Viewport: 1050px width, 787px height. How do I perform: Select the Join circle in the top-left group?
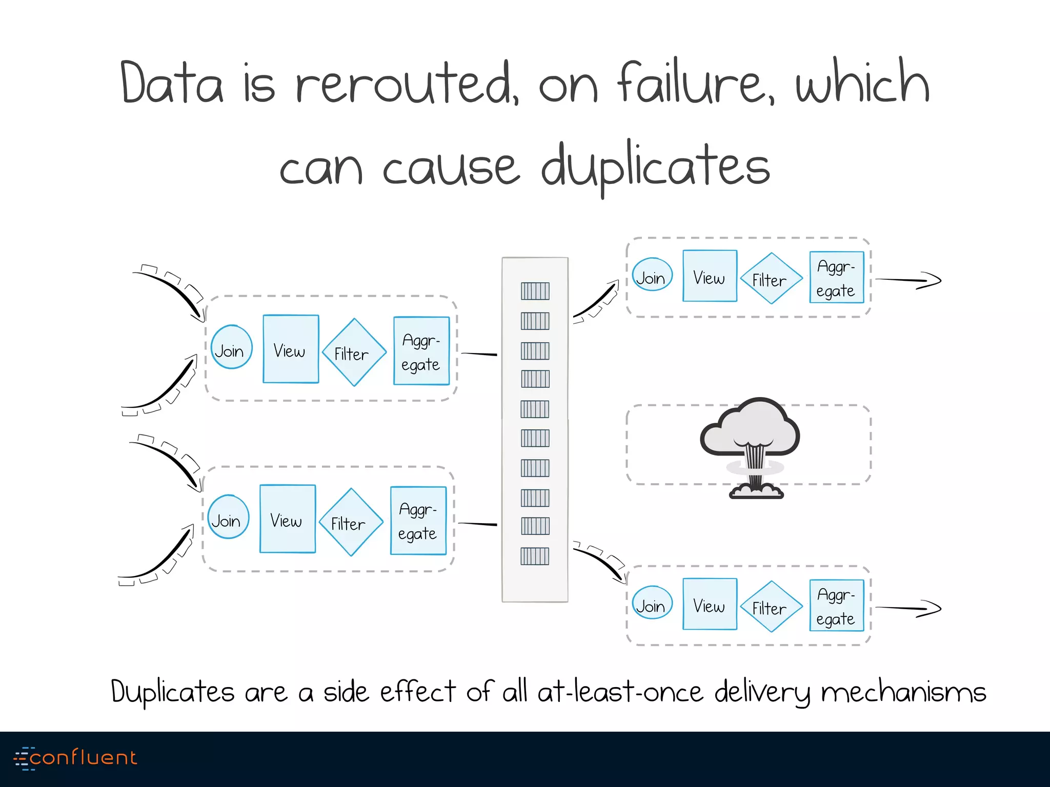tap(231, 347)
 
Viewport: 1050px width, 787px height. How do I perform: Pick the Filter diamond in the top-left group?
tap(354, 353)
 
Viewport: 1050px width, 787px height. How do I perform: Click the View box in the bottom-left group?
tap(288, 519)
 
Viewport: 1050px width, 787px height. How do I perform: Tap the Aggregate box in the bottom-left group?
tap(418, 521)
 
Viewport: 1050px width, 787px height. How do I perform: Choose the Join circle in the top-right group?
tap(652, 275)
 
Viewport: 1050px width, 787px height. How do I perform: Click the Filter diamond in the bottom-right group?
tap(771, 606)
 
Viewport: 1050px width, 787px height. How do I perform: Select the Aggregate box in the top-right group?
tap(836, 277)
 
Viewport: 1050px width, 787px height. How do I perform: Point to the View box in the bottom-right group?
tap(710, 604)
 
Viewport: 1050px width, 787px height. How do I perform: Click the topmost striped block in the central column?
tap(535, 291)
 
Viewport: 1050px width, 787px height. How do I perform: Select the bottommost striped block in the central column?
tap(535, 556)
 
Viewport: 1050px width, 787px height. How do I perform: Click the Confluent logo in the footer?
tap(75, 758)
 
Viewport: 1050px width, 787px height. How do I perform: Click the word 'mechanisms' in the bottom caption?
tap(903, 692)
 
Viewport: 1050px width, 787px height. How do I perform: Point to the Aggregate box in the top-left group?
tap(421, 351)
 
